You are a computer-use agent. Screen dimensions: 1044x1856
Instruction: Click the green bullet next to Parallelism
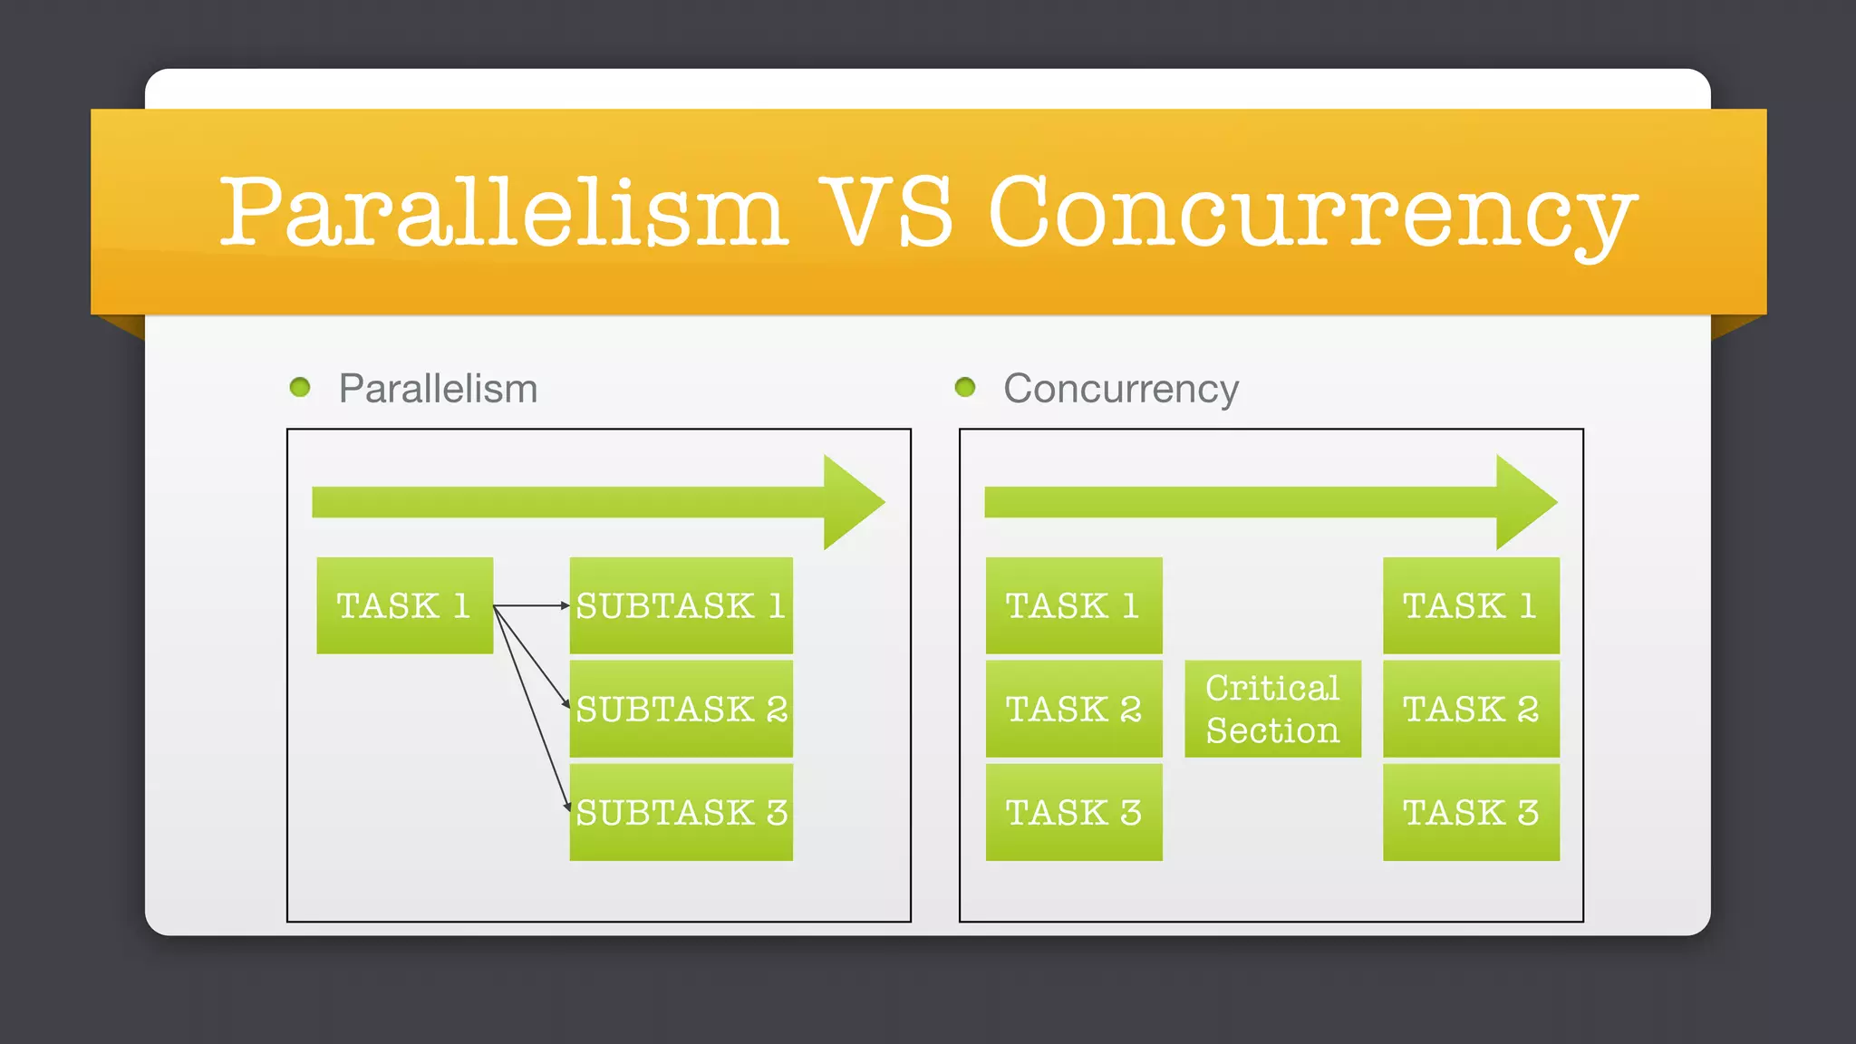[300, 388]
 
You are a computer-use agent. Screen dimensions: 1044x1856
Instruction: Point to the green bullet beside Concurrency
[965, 388]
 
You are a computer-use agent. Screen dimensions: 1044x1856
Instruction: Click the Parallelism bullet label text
[438, 389]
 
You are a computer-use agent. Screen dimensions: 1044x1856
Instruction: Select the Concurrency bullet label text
[1120, 389]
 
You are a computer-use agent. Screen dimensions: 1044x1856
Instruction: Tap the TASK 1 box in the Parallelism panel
[404, 605]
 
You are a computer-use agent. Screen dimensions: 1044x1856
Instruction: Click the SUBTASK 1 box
[681, 605]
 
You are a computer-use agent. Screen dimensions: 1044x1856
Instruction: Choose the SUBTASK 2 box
[681, 709]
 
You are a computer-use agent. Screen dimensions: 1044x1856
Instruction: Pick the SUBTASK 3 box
[681, 812]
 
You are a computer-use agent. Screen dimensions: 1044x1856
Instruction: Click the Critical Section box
[1272, 709]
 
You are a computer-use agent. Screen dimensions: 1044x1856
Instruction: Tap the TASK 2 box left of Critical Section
[1074, 709]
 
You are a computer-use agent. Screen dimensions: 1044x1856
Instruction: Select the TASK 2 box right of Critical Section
[1471, 709]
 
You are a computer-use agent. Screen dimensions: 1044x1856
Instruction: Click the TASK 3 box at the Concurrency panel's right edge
[1471, 812]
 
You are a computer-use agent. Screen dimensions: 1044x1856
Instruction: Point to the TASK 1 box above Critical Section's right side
[1471, 605]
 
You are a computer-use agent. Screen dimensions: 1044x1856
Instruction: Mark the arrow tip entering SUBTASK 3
[566, 807]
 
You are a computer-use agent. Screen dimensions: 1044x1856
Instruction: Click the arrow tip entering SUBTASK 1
[565, 605]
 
